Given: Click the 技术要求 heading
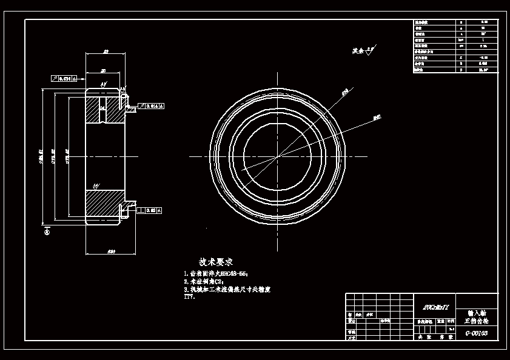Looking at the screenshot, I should [216, 262].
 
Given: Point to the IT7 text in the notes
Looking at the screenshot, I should [189, 297].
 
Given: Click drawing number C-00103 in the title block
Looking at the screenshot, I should [476, 333].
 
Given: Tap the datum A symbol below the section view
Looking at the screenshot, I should [47, 231].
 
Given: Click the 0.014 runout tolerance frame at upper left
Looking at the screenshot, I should [66, 78].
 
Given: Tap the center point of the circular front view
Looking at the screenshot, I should [278, 156].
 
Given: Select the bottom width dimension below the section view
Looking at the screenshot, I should [111, 251].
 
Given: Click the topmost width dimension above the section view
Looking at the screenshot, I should [106, 53].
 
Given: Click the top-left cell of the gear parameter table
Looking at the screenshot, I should [434, 22].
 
